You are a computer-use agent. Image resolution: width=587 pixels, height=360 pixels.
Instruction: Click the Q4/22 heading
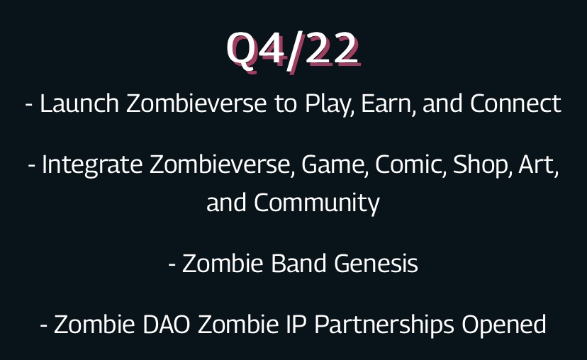[293, 50]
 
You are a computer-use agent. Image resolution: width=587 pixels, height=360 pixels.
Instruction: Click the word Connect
[515, 104]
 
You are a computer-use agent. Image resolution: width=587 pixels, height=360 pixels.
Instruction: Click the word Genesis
[376, 264]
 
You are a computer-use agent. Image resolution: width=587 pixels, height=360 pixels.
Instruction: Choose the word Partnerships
[384, 325]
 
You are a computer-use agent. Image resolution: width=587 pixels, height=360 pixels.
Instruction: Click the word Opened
[504, 325]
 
